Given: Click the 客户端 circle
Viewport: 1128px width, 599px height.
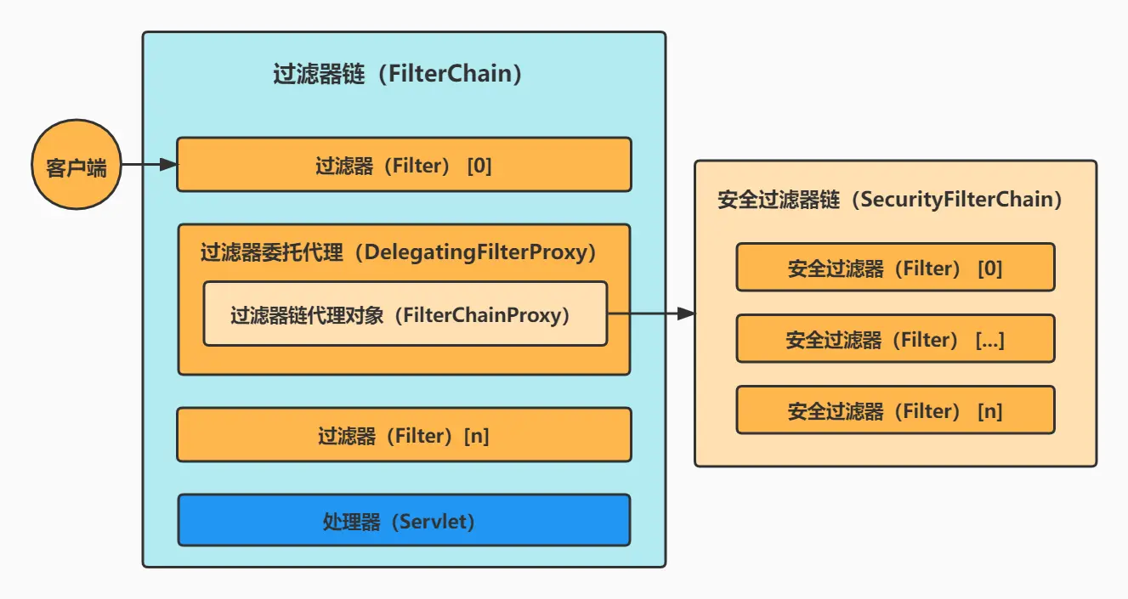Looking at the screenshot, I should coord(76,165).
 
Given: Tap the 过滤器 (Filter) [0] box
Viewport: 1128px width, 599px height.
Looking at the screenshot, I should coord(404,165).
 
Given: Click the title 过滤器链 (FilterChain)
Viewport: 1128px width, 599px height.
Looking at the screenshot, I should coord(397,74).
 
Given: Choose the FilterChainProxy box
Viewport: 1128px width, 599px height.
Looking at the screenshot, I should coord(405,314).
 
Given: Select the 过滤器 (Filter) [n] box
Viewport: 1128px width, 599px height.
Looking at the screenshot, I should coord(404,435).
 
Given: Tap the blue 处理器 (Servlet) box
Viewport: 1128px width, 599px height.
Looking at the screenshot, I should coord(404,520).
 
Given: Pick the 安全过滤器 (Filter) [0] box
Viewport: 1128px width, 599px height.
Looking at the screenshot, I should coord(895,268).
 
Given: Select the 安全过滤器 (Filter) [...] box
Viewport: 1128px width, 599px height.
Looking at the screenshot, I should coord(895,339).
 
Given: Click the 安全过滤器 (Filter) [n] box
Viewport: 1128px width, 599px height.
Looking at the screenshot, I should coord(895,410).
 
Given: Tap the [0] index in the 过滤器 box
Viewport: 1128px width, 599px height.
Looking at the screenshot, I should coord(479,166).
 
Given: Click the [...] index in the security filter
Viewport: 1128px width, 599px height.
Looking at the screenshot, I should coord(990,340).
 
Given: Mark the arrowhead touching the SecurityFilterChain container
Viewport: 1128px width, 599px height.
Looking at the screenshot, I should coord(686,314).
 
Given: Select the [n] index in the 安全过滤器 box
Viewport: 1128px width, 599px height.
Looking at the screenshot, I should coord(989,411).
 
